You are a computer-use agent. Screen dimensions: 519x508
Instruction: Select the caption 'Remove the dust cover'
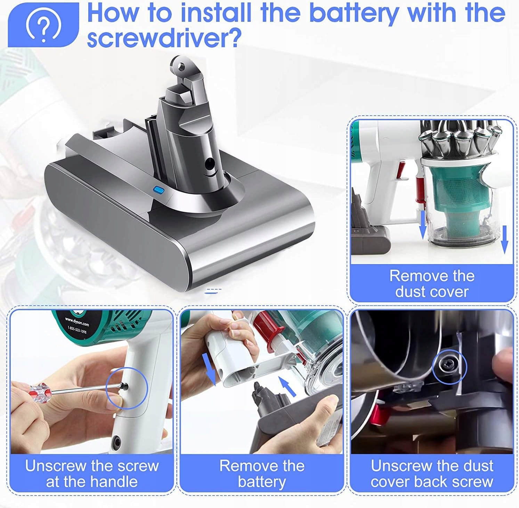pyautogui.click(x=432, y=283)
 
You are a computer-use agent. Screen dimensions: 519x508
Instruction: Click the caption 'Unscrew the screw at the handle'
pyautogui.click(x=92, y=473)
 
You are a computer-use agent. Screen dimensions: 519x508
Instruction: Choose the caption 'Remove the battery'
pyautogui.click(x=262, y=473)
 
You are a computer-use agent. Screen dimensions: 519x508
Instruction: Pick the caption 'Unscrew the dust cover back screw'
pyautogui.click(x=432, y=473)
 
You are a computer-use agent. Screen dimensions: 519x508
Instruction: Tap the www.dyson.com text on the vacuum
pyautogui.click(x=77, y=321)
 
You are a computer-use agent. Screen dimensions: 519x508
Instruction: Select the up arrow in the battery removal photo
pyautogui.click(x=288, y=386)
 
